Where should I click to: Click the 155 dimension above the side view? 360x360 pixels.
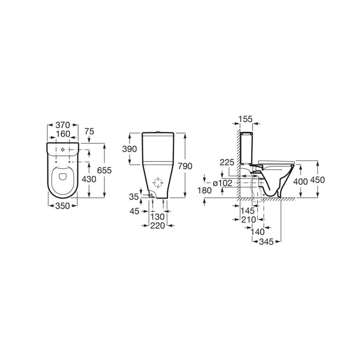click(x=246, y=119)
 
